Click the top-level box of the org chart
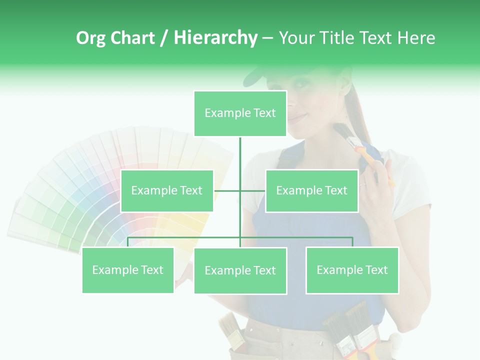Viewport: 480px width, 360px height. (240, 113)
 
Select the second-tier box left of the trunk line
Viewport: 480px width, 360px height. (167, 190)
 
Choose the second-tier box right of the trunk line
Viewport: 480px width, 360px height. (311, 190)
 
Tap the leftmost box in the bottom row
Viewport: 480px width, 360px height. (128, 270)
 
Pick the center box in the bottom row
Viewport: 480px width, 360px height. (240, 270)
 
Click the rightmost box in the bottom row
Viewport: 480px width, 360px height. (352, 270)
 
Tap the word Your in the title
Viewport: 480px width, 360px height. (296, 38)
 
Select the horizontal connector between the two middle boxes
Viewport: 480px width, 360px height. (240, 190)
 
